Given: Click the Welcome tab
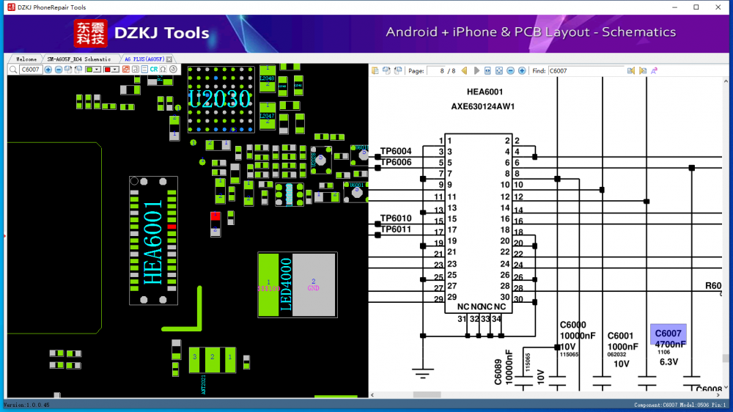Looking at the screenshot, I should [x=26, y=59].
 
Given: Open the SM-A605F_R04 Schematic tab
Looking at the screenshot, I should [x=78, y=59].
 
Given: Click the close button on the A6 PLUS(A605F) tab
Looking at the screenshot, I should [x=169, y=59].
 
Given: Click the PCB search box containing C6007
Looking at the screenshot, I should [x=30, y=70].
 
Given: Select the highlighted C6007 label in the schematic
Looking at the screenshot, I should [x=668, y=334].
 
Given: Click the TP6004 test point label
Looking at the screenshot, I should [x=396, y=151].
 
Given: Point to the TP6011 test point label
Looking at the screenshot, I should [x=396, y=229].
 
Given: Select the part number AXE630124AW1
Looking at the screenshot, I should [x=483, y=106].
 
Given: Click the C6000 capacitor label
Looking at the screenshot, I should [x=572, y=325].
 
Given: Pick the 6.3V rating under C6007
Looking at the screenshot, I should [x=668, y=362].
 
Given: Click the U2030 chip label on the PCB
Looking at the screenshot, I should [x=219, y=99].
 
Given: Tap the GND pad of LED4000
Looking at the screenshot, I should [x=314, y=284].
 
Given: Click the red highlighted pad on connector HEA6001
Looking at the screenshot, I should [x=172, y=227].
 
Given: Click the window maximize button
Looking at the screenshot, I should [x=696, y=7].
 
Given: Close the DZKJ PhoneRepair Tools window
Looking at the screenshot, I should [x=719, y=7].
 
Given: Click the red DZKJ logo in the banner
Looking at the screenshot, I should [x=90, y=33].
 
